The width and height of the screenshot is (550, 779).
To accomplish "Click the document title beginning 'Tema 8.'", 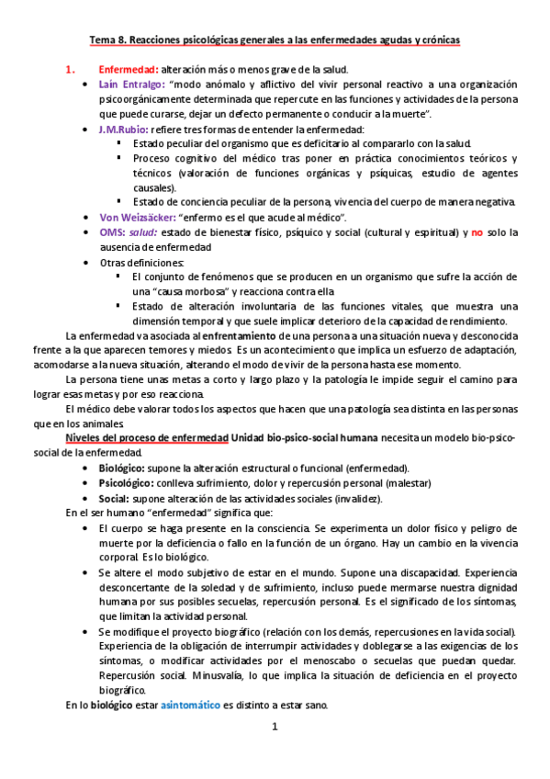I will click(275, 40).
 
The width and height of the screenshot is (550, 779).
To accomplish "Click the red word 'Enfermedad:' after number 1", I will click(128, 70).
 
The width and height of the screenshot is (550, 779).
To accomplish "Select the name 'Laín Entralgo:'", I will click(130, 85).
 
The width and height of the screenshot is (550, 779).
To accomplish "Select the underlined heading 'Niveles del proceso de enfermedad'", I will click(147, 438).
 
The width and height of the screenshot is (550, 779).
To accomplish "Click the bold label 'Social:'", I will click(115, 498).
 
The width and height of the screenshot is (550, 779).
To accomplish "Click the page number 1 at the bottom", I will click(275, 728).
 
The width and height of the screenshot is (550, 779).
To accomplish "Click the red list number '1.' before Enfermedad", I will click(69, 70).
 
